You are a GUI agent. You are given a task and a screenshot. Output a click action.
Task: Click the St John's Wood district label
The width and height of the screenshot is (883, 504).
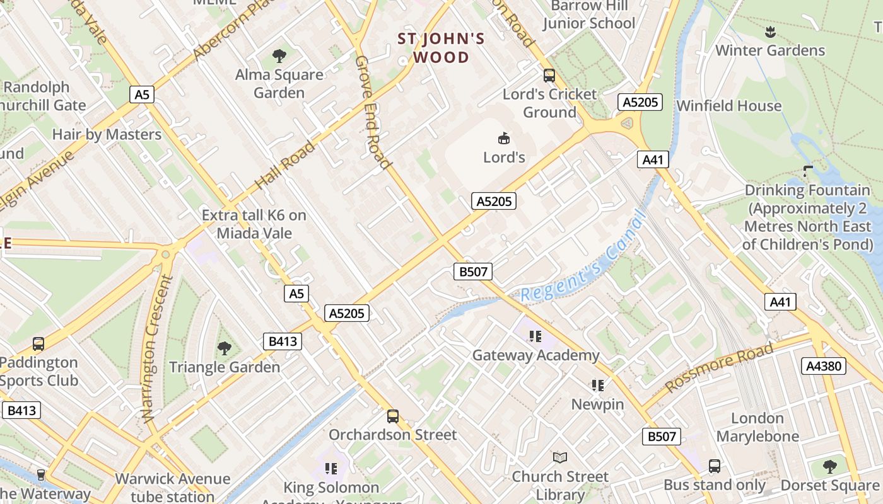point(441,48)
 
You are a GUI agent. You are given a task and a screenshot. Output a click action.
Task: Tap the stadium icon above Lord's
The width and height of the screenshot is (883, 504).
point(504,138)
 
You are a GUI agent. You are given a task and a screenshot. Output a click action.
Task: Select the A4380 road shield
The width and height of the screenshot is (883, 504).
point(824,365)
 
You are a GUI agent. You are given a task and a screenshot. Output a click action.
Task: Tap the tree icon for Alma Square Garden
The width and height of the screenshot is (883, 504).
point(279,56)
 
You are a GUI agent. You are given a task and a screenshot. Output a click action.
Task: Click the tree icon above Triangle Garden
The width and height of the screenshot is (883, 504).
point(224,348)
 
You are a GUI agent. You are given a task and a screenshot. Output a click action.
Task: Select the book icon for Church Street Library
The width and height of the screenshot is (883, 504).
point(560,457)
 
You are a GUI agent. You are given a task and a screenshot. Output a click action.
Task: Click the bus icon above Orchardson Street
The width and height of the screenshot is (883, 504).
point(393,416)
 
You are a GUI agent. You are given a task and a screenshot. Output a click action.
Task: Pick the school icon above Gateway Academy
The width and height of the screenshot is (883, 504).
point(535,336)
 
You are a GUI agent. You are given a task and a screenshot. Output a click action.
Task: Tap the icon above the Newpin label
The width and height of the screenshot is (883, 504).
point(598,385)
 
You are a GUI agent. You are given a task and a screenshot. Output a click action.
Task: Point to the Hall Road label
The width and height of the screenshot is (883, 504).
point(285,166)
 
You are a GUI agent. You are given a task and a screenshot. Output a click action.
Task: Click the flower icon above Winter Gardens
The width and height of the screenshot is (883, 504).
point(769,31)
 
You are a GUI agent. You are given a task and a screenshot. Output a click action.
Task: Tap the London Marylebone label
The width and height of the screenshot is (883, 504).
point(757,427)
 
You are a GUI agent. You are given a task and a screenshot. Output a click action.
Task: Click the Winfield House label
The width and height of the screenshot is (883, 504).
point(728,106)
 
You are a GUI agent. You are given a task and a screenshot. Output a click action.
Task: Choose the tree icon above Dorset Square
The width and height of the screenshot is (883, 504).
point(830,466)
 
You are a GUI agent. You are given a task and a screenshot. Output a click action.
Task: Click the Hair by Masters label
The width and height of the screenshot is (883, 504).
point(107,134)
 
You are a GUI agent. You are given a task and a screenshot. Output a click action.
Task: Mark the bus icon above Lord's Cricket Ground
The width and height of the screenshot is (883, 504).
point(549,76)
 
